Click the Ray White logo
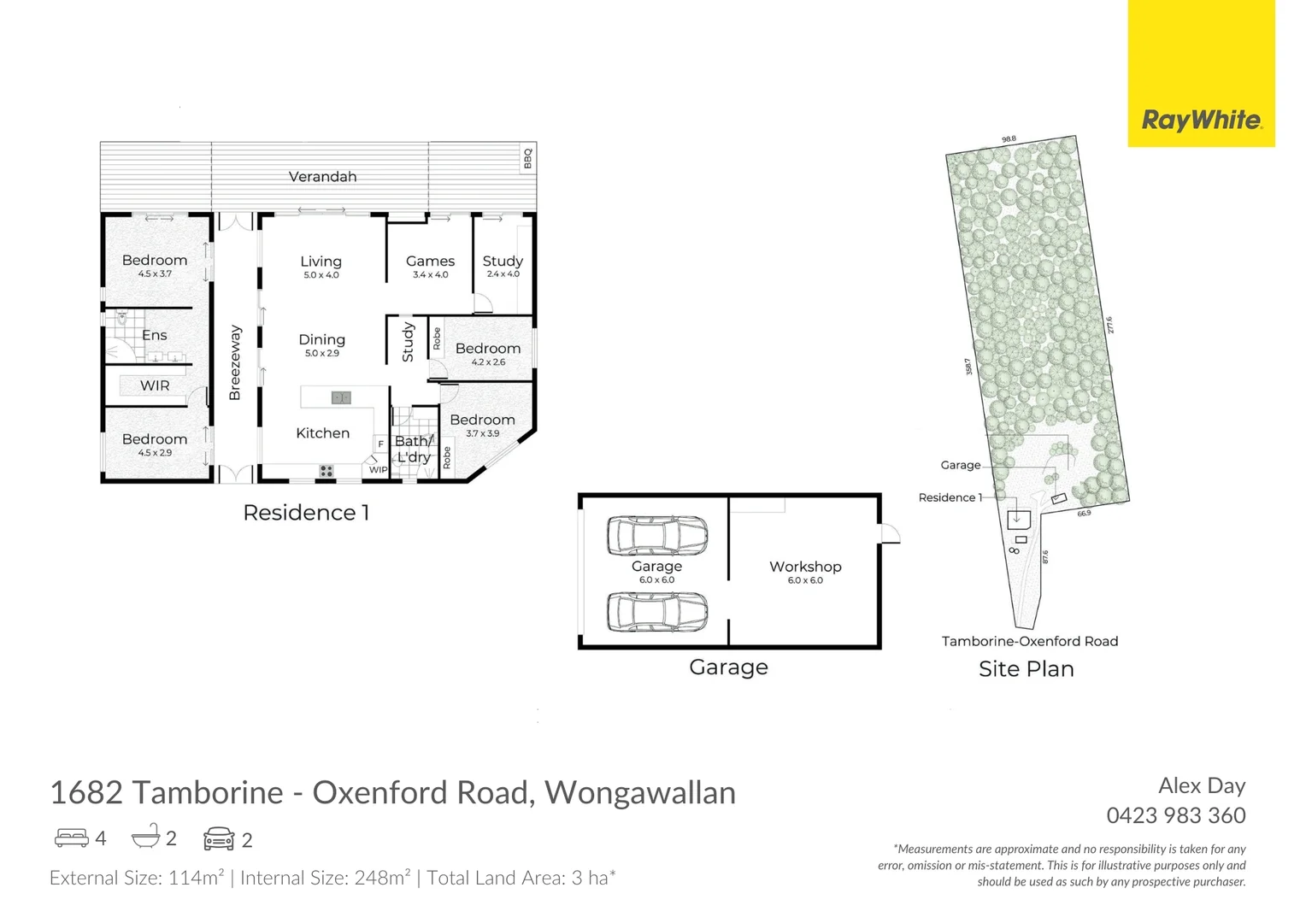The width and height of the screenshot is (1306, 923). click(1200, 120)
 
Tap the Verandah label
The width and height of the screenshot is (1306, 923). click(322, 177)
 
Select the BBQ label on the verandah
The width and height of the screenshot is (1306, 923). click(527, 159)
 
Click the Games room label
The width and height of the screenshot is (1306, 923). click(430, 262)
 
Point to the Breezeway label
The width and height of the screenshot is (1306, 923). click(235, 362)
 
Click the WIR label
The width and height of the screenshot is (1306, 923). click(155, 385)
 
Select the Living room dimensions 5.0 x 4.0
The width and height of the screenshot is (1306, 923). click(321, 275)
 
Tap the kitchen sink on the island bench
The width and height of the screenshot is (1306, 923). click(341, 397)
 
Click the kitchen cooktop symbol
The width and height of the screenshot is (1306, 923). click(326, 471)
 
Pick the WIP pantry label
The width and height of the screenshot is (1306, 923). click(378, 469)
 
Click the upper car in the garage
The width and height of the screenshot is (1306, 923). click(656, 535)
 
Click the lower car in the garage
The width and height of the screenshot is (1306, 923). click(656, 612)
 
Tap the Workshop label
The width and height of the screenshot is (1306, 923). click(805, 567)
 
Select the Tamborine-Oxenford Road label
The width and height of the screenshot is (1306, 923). click(1029, 641)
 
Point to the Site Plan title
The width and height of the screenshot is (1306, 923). click(1026, 669)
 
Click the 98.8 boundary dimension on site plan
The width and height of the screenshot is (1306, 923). click(1009, 138)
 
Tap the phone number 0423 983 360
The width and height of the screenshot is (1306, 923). click(1175, 815)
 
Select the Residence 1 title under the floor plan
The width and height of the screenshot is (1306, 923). click(306, 513)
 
